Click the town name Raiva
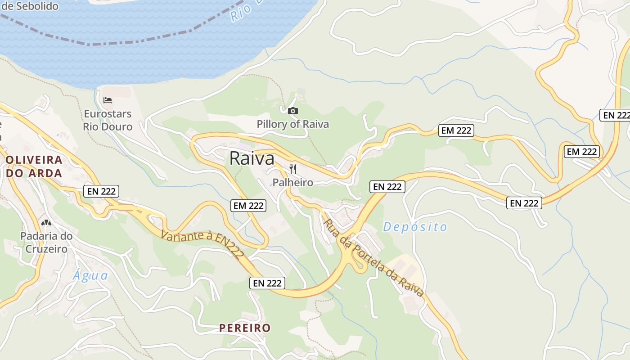click(252, 158)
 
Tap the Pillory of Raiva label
click(292, 124)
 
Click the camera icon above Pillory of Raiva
click(292, 111)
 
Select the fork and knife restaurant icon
click(293, 169)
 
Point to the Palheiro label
click(292, 182)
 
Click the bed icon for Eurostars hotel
click(108, 100)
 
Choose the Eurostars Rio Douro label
click(108, 120)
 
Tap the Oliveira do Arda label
click(34, 166)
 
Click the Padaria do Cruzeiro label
click(46, 242)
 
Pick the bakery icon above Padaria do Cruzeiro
click(46, 222)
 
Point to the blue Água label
click(90, 275)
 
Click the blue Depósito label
click(415, 227)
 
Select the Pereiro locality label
click(245, 328)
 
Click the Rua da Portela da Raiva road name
click(374, 257)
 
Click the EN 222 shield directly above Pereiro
click(267, 283)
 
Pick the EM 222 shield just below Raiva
click(248, 206)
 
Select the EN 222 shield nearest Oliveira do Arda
click(101, 191)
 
